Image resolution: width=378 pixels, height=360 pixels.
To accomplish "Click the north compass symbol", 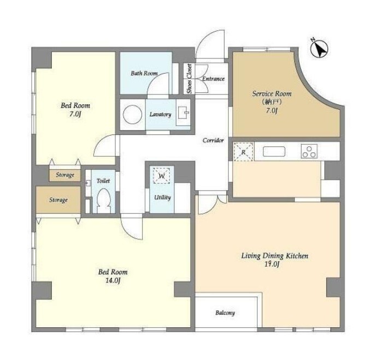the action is (319, 49).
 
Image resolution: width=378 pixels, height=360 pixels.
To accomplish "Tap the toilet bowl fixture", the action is (104, 200).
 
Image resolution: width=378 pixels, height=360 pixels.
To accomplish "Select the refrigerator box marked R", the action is (244, 152).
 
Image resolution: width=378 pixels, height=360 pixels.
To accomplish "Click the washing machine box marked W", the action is (162, 175).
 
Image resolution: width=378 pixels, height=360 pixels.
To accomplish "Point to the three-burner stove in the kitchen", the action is (309, 151).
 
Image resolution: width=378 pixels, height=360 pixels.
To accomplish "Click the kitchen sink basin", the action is (274, 151).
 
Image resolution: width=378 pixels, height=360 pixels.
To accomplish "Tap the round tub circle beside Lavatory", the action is (133, 115).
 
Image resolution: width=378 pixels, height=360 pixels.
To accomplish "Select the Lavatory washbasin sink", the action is (184, 113).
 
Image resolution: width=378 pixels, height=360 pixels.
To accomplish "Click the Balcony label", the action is (225, 312).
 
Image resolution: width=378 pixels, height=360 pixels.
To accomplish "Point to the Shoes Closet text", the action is (190, 79).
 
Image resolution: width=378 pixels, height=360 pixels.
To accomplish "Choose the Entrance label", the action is (214, 79).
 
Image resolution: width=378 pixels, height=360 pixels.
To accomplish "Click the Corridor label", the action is (213, 140).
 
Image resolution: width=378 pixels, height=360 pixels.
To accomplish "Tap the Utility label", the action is (162, 198).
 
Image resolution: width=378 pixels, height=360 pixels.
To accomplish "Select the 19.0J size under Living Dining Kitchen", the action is (271, 264).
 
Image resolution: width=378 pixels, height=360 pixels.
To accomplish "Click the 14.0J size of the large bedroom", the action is (113, 281).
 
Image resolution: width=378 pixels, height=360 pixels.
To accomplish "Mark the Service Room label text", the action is (271, 93).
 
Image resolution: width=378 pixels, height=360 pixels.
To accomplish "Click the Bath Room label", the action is (144, 73).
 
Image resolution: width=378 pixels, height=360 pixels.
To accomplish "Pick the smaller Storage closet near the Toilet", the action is (65, 175).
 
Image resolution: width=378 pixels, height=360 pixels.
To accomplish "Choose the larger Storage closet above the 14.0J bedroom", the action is (58, 199).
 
